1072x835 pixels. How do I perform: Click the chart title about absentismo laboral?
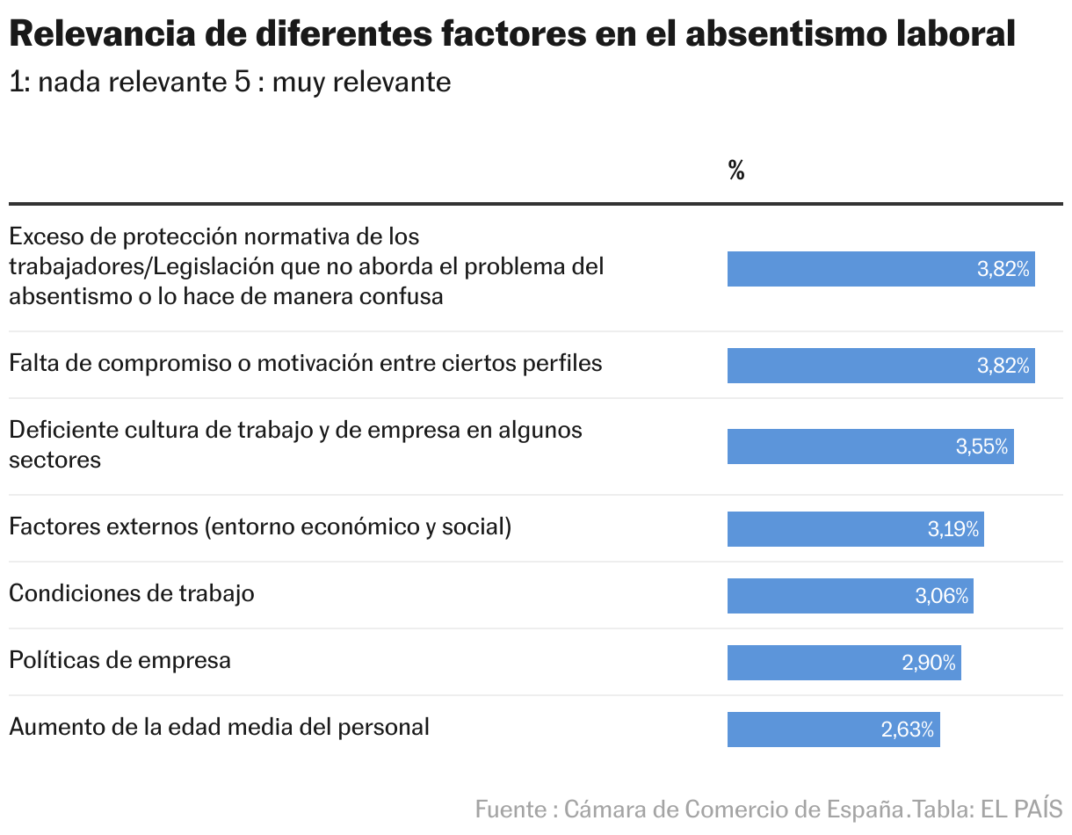pyautogui.click(x=512, y=34)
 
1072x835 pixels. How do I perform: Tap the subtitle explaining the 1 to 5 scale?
pyautogui.click(x=229, y=82)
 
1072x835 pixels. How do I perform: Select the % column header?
pyautogui.click(x=736, y=171)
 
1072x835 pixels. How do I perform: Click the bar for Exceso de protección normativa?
pyautogui.click(x=880, y=269)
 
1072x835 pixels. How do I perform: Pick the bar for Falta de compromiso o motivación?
pyautogui.click(x=880, y=366)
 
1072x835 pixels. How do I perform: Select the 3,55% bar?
pyautogui.click(x=870, y=447)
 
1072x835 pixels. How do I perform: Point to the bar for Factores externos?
pyautogui.click(x=855, y=529)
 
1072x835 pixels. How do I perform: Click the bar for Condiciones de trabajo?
pyautogui.click(x=850, y=596)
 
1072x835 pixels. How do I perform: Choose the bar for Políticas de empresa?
pyautogui.click(x=844, y=663)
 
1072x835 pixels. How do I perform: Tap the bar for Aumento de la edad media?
pyautogui.click(x=833, y=730)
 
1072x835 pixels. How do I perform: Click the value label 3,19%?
pyautogui.click(x=952, y=529)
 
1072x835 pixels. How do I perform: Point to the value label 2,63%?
pyautogui.click(x=907, y=730)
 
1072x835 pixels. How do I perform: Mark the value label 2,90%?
pyautogui.click(x=928, y=663)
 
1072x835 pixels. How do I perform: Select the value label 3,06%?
pyautogui.click(x=941, y=596)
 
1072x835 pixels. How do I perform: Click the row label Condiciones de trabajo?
pyautogui.click(x=132, y=593)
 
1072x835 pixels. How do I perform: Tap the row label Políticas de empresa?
pyautogui.click(x=120, y=660)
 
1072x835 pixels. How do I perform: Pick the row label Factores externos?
pyautogui.click(x=260, y=526)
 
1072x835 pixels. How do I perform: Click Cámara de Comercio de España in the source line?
pyautogui.click(x=735, y=809)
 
